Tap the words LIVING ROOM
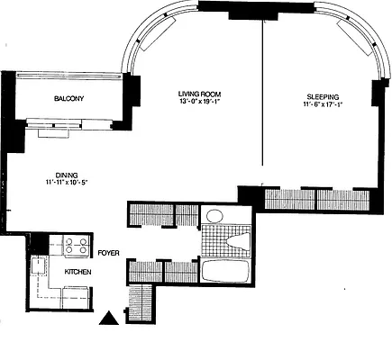(x=198, y=94)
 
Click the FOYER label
(x=109, y=253)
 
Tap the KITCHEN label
(x=75, y=269)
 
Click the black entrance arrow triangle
(x=109, y=317)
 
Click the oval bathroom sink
(x=214, y=217)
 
